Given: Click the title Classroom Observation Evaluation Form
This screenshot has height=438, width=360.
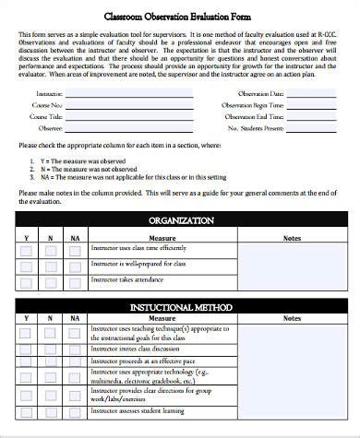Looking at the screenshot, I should (x=180, y=17).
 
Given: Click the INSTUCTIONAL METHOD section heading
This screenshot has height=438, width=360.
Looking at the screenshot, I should (x=181, y=307).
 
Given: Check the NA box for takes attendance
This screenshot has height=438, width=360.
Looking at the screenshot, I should (x=74, y=280).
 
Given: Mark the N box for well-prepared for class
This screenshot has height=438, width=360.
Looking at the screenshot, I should (x=50, y=266).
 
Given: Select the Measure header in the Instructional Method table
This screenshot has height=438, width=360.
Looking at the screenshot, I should (x=162, y=319).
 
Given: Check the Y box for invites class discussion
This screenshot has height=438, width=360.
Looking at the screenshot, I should (x=26, y=349).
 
